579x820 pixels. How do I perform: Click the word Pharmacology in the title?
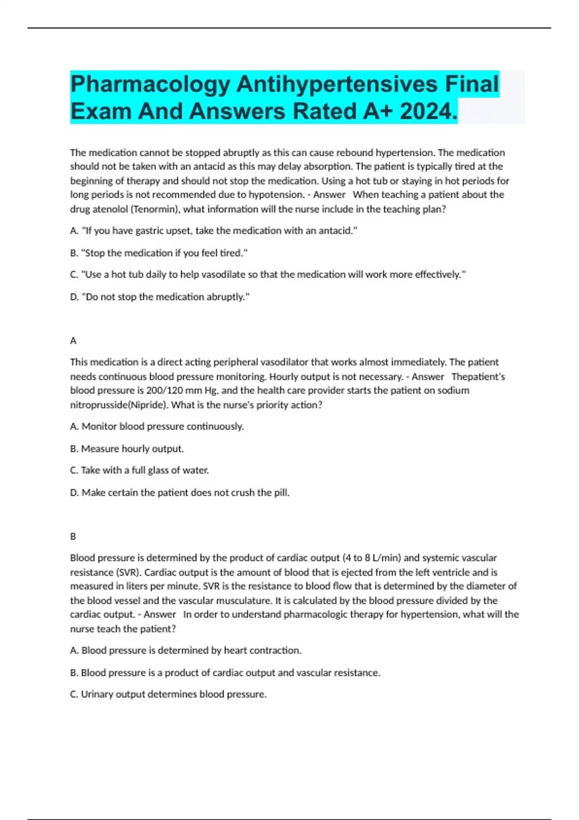[x=150, y=84]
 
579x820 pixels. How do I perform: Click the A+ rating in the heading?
[x=376, y=111]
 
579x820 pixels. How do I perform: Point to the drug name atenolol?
[x=110, y=209]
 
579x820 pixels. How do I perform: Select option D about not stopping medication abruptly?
[x=160, y=297]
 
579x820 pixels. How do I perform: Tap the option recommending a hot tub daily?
[x=268, y=274]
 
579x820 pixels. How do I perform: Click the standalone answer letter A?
[x=73, y=341]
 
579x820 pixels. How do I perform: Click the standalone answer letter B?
[x=73, y=536]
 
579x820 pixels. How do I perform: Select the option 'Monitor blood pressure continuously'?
[x=157, y=426]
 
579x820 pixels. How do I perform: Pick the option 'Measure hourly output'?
[x=127, y=449]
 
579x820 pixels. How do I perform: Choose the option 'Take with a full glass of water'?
[x=139, y=470]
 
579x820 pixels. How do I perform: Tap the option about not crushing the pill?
[x=179, y=492]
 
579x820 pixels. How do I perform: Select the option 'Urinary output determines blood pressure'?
[x=168, y=694]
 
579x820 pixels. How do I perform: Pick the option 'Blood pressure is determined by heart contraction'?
[x=186, y=650]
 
